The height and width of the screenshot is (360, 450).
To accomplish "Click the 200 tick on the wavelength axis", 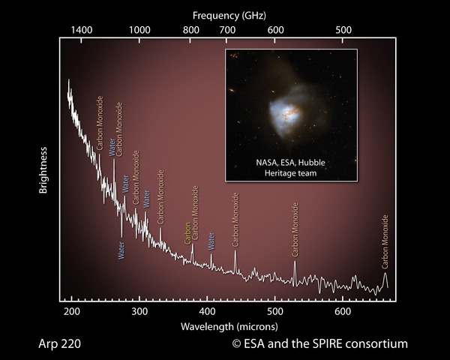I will (x=71, y=310).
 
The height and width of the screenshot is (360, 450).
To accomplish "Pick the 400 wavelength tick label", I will (x=207, y=310).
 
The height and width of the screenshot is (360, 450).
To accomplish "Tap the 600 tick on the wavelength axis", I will (x=343, y=310).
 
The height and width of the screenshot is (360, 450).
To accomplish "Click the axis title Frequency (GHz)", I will (x=228, y=14).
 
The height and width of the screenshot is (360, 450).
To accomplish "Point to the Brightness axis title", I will (x=44, y=170).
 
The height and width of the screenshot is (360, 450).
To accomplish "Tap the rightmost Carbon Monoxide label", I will (x=385, y=241).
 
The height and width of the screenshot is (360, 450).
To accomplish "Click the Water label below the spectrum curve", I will (x=121, y=249).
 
